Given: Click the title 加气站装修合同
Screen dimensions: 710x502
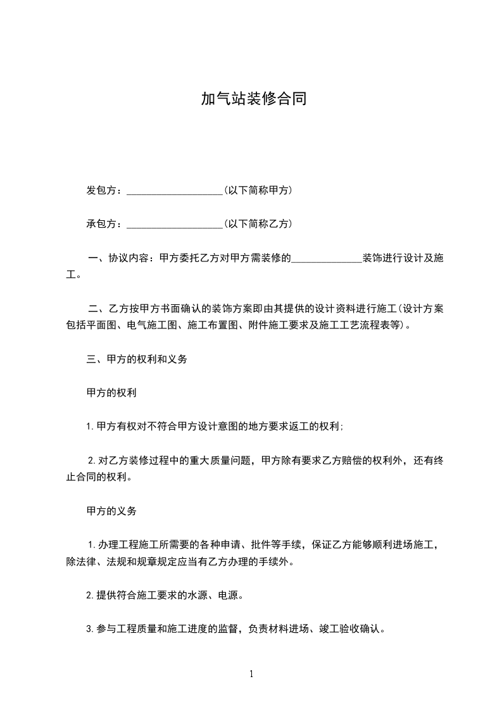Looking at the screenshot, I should tap(253, 99).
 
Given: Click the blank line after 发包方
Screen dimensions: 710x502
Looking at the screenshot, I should tap(174, 190).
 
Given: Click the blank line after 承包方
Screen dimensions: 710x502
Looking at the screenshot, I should tap(174, 224).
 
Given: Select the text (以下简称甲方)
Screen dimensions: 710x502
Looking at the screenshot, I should tap(258, 190).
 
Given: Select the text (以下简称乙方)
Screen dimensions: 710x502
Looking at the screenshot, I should tap(258, 224).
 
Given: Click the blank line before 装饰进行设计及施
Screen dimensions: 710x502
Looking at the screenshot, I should tap(326, 259).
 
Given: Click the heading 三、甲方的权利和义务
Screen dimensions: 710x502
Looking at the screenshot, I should tap(136, 359).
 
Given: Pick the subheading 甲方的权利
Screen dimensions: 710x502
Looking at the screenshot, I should tap(111, 392).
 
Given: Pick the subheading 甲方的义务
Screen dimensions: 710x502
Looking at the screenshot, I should tap(111, 511).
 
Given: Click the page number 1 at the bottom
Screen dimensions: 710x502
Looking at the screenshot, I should tap(251, 674).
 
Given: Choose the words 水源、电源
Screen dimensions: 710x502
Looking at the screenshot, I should tap(217, 595).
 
